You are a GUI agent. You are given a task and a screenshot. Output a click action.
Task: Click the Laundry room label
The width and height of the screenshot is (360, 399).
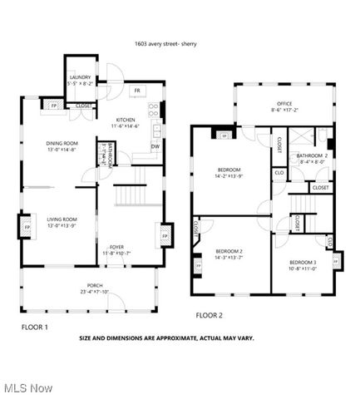[x=80, y=80]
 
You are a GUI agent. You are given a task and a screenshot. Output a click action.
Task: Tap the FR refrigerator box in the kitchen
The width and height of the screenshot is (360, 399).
[x=136, y=90]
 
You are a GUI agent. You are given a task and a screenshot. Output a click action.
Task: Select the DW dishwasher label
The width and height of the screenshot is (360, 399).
[x=155, y=147]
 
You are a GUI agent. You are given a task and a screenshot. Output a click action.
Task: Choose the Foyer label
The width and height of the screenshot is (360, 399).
[x=117, y=249]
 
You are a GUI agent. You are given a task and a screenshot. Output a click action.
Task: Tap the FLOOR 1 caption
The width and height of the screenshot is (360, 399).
[x=35, y=327]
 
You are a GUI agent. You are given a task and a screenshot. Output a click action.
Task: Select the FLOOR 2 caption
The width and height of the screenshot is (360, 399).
[x=210, y=315]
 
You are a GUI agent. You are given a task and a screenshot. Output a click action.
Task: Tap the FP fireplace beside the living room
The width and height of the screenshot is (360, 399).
[x=27, y=227]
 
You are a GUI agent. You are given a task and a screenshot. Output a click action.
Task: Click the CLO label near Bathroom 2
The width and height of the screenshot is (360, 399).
[x=279, y=174]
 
